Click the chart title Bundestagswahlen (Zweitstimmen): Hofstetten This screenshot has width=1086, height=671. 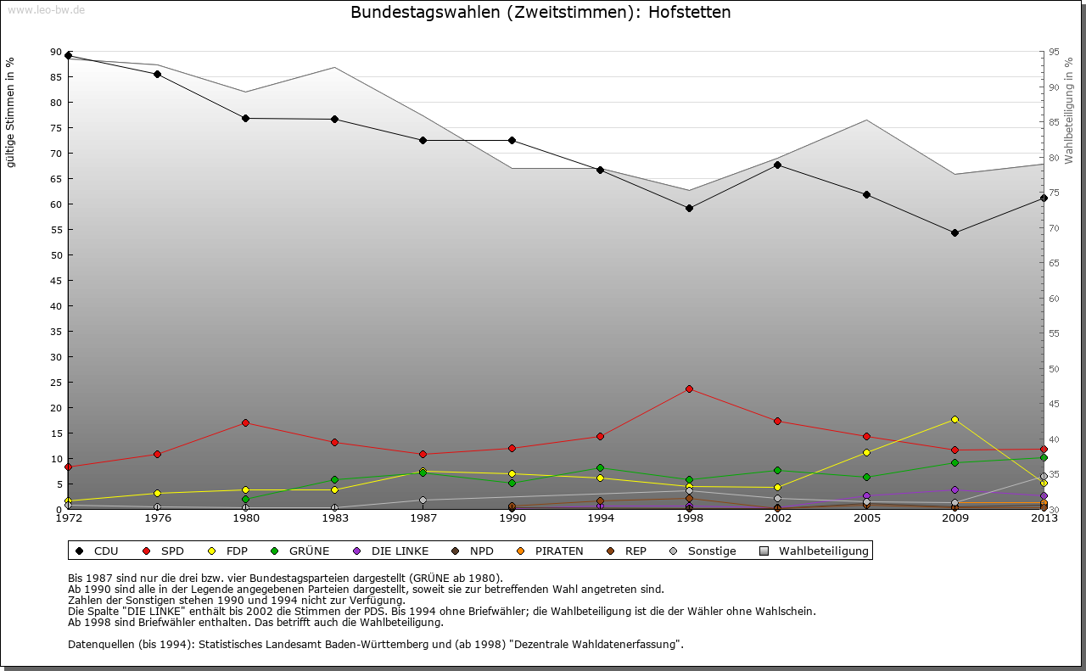(x=540, y=13)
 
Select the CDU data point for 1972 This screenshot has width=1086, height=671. (x=69, y=55)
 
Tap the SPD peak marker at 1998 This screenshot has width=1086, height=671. (x=689, y=389)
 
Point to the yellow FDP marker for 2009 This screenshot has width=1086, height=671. (x=954, y=419)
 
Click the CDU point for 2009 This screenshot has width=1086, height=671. (x=954, y=232)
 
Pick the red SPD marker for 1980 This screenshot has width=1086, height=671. (x=246, y=422)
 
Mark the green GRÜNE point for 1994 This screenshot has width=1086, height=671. (x=601, y=467)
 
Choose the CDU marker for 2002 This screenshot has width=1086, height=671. (x=777, y=165)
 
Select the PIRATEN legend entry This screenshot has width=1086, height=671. (x=551, y=551)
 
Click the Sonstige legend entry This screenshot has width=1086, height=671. (x=705, y=551)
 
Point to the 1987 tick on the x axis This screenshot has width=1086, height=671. (x=423, y=517)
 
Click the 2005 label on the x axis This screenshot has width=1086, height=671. (x=866, y=517)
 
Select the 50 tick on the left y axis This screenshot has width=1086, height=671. (x=56, y=254)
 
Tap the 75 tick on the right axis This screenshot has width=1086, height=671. (x=1053, y=193)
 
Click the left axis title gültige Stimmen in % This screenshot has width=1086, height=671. (x=10, y=112)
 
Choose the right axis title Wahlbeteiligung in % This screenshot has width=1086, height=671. (x=1069, y=110)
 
